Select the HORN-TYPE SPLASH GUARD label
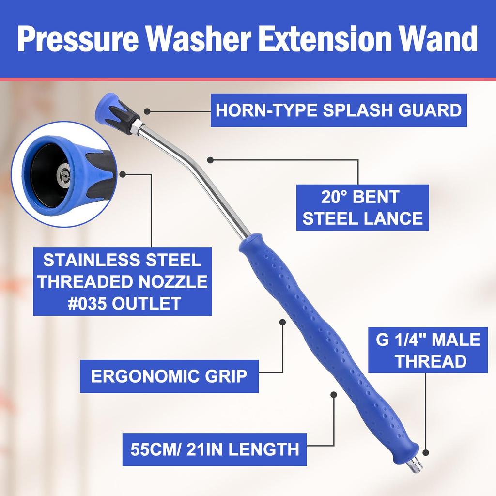click(x=338, y=110)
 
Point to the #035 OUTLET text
click(x=122, y=304)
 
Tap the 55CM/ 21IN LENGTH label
click(x=215, y=449)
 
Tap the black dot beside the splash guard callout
click(x=147, y=111)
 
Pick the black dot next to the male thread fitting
click(x=426, y=453)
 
